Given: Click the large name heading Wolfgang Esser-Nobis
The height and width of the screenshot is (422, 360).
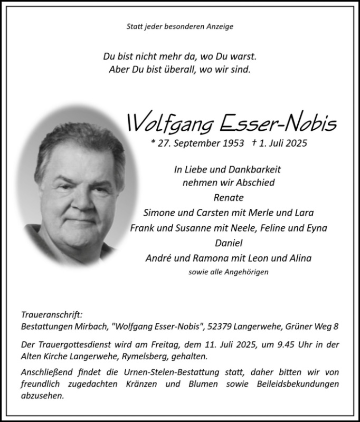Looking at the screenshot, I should [x=231, y=122].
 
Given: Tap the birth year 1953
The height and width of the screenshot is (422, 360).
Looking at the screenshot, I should [x=233, y=143].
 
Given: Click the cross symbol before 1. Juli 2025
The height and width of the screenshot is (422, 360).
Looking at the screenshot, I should [x=254, y=142].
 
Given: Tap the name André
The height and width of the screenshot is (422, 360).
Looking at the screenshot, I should [x=157, y=258].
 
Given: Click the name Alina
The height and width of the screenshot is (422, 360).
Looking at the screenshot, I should [x=300, y=258].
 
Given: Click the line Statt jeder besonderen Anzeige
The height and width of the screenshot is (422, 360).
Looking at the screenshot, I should [x=180, y=26].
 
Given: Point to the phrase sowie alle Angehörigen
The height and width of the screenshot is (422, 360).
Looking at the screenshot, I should [x=228, y=272].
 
